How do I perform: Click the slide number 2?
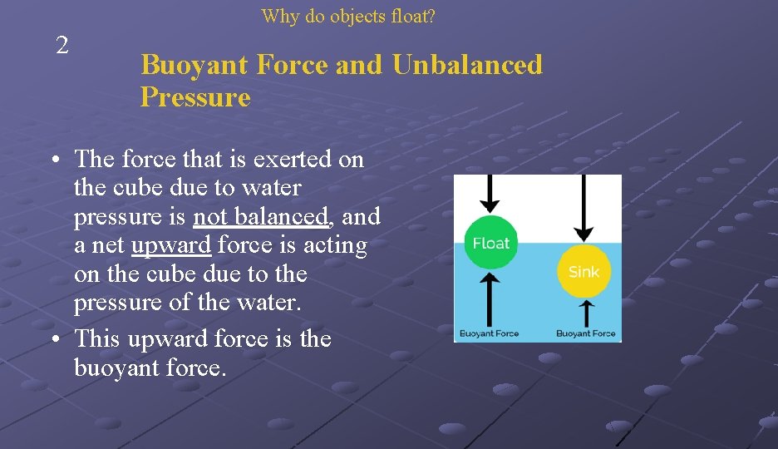coord(62,46)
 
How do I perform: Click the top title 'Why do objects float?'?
coord(348,16)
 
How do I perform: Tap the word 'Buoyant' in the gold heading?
coord(192,65)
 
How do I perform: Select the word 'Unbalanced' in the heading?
coord(467,65)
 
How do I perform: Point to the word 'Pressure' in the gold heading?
coord(195,97)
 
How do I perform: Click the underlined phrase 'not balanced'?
coord(261,217)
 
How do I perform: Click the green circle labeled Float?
coord(490,243)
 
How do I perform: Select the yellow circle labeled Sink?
coord(583,271)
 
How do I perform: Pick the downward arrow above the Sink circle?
coord(584,208)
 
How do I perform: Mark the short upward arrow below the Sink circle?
coord(585,313)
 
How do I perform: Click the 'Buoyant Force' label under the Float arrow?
coord(490,333)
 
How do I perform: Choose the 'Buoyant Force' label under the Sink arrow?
coord(586,333)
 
